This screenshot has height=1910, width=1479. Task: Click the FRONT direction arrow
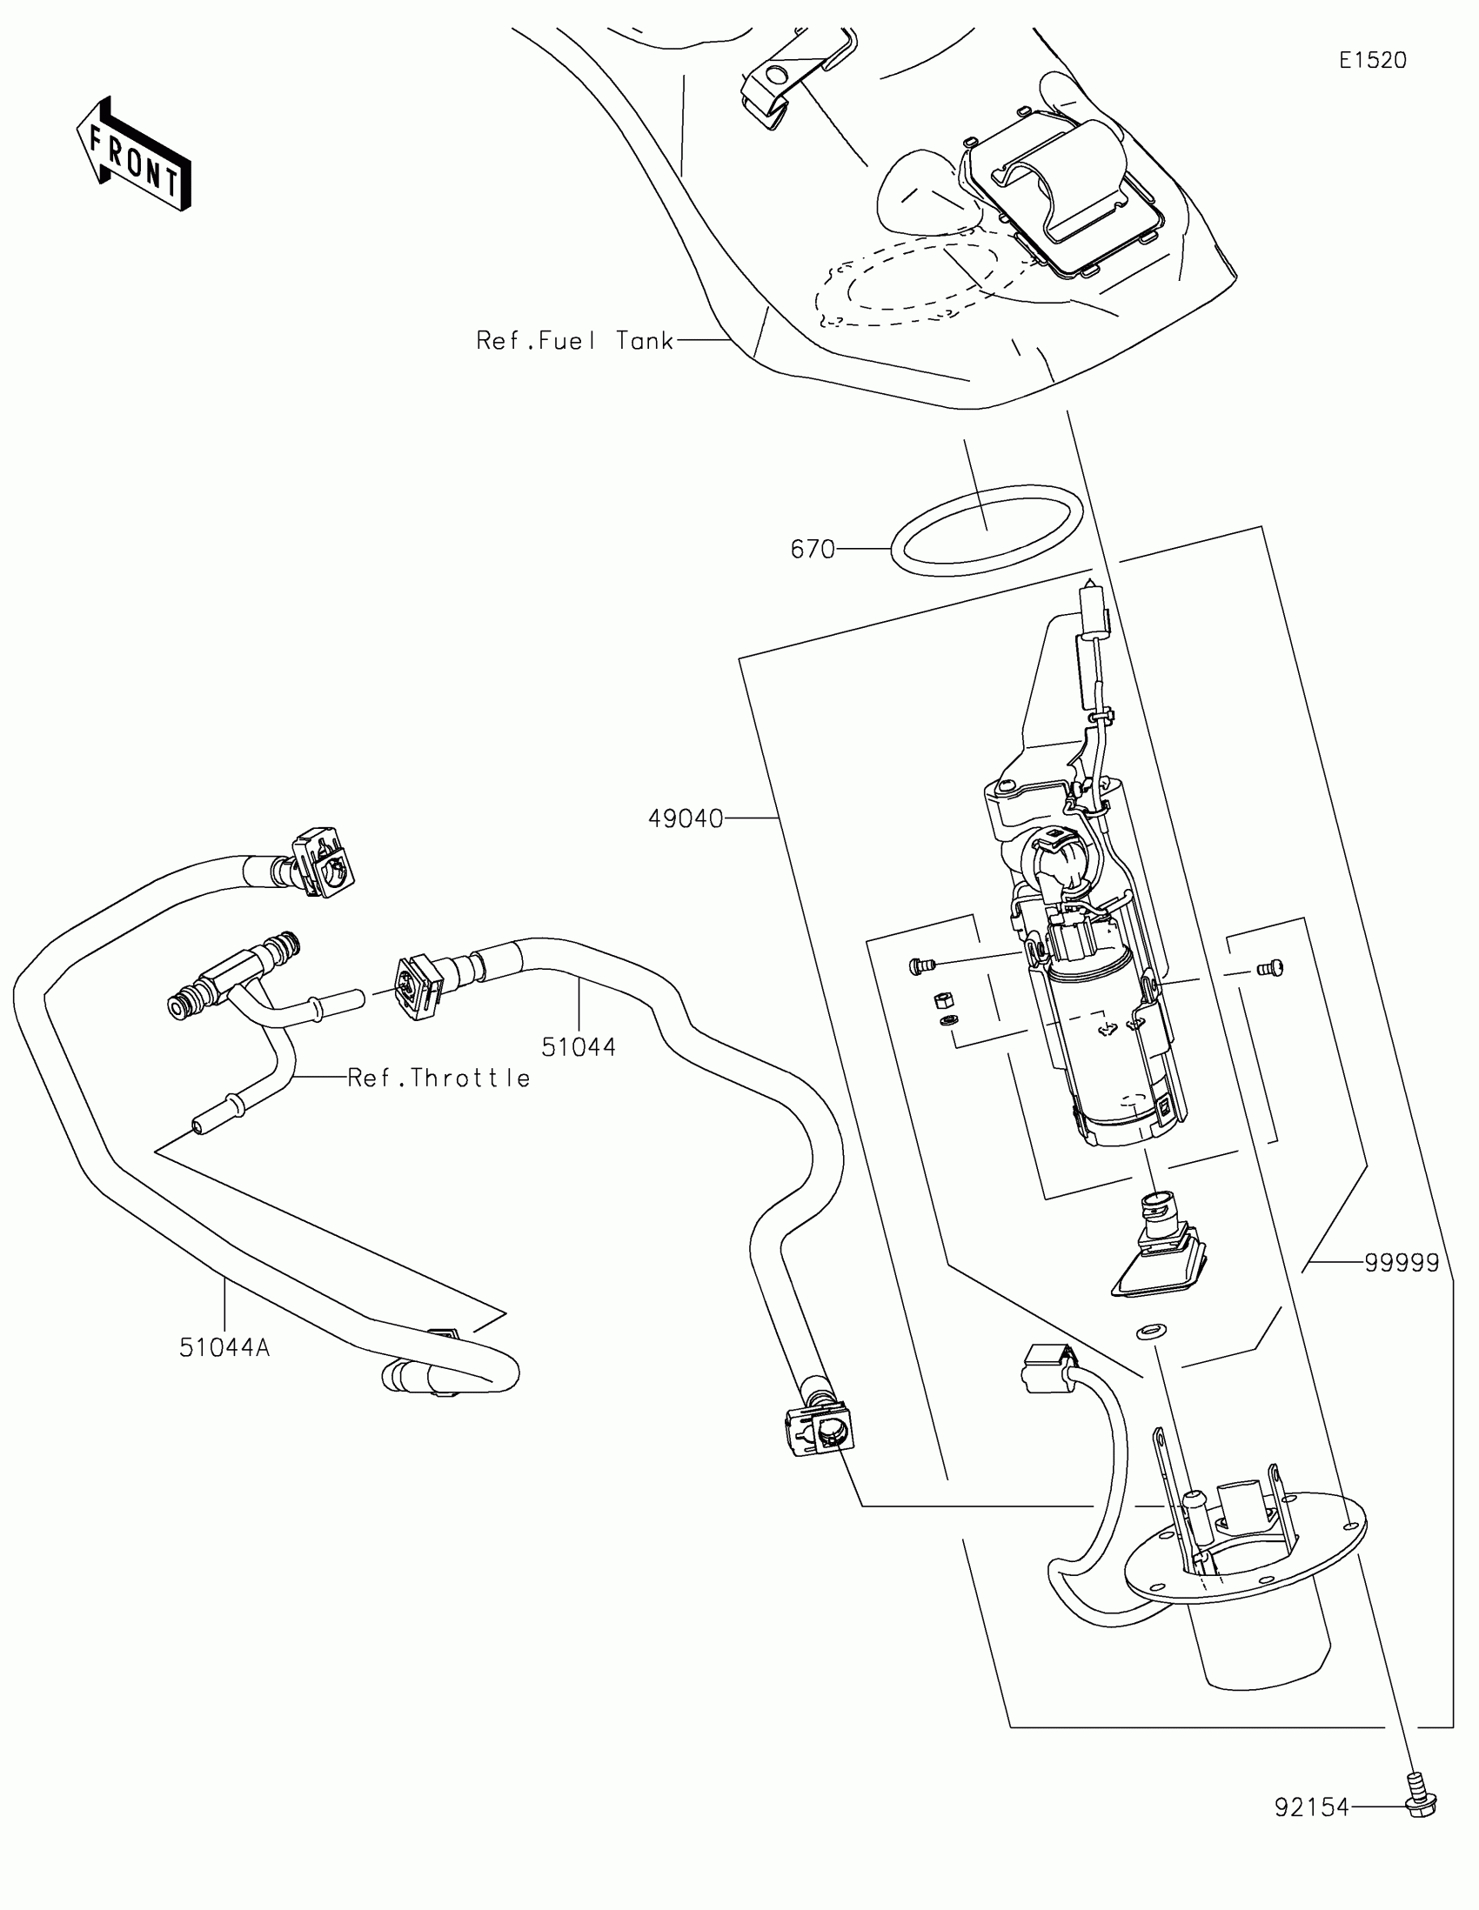click(134, 154)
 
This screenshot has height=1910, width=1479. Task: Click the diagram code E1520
click(1372, 60)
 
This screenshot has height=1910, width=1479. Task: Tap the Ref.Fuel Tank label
click(574, 340)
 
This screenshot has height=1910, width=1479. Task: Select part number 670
click(813, 549)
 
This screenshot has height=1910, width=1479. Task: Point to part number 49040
click(686, 818)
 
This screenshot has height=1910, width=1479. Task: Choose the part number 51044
click(579, 1047)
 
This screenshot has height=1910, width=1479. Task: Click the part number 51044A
click(224, 1347)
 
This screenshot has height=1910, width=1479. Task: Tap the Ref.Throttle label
click(439, 1078)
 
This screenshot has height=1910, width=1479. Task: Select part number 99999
click(1402, 1263)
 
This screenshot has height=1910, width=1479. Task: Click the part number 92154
click(1312, 1807)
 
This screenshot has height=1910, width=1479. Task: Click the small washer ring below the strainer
click(1150, 1332)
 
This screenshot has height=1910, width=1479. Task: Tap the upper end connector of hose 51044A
click(322, 862)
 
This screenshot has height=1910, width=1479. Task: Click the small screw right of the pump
click(1269, 967)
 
